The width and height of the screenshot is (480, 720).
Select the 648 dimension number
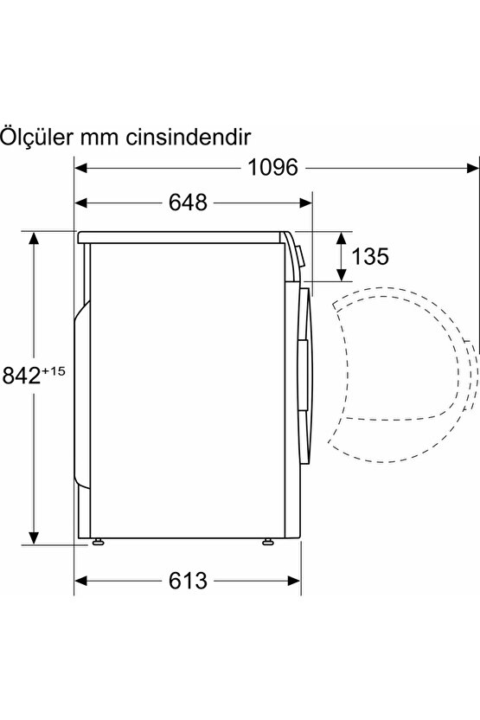[x=188, y=202]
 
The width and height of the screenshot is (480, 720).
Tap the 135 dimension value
[x=370, y=256]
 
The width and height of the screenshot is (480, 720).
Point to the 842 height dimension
[x=22, y=375]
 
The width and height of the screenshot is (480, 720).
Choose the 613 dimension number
[x=188, y=581]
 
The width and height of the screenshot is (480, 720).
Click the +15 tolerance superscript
[x=54, y=370]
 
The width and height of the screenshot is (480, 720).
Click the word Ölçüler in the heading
[x=35, y=136]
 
